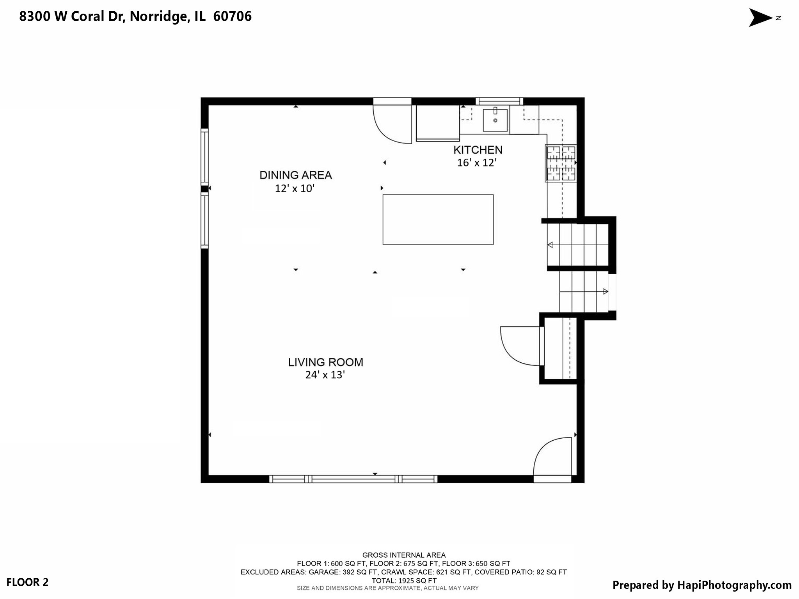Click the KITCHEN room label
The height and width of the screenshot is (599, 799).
(478, 150)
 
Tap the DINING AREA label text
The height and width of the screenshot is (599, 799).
(295, 175)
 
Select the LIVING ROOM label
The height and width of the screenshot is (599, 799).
(325, 362)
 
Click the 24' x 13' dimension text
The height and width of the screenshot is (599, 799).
(325, 375)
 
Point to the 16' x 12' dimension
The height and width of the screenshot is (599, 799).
(476, 163)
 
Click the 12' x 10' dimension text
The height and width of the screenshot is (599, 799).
(295, 188)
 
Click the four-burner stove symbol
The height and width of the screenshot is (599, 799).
(561, 163)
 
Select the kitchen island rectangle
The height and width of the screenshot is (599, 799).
(438, 219)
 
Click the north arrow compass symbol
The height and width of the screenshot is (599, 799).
(761, 18)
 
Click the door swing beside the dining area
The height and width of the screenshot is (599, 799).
(391, 123)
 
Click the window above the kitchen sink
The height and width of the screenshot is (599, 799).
(499, 101)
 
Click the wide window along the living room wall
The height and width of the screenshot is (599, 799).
(353, 479)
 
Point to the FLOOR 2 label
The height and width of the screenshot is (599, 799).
(27, 582)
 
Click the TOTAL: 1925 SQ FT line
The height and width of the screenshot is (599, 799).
(404, 581)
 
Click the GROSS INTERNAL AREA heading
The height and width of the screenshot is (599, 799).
(404, 555)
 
